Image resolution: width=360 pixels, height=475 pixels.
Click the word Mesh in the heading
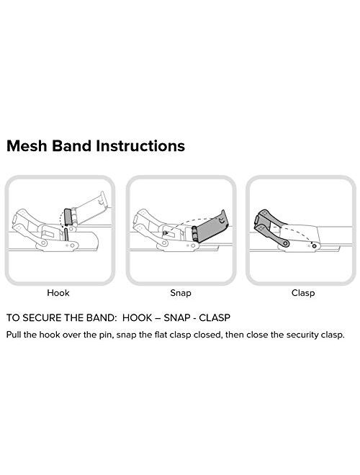click(x=27, y=146)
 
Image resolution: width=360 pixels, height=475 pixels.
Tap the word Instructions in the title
click(x=140, y=146)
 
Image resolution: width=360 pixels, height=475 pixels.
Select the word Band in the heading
click(x=72, y=146)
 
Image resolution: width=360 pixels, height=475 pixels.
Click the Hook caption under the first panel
click(x=58, y=293)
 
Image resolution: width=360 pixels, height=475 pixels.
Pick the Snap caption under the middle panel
click(x=181, y=293)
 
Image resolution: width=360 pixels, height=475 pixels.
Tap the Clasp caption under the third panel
click(x=303, y=293)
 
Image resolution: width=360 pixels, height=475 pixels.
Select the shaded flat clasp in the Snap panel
click(x=210, y=229)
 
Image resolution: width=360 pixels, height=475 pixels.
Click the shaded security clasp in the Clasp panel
click(x=271, y=227)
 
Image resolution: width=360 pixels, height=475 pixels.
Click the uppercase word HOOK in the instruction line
click(x=138, y=318)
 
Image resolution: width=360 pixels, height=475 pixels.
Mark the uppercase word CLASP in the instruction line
click(x=215, y=318)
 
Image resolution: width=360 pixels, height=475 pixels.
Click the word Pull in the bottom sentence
click(x=14, y=335)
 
